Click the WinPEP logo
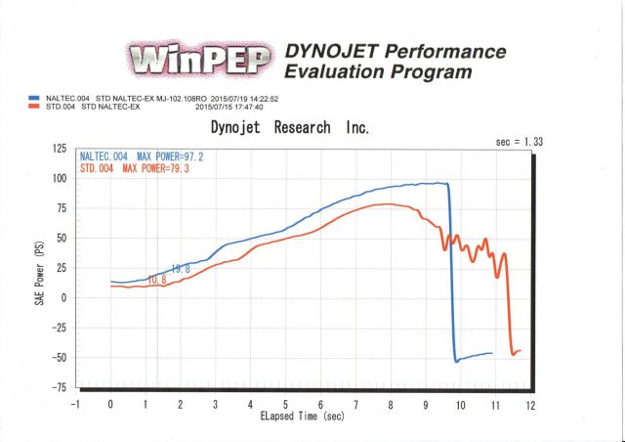point(199,61)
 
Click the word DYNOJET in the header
point(331,51)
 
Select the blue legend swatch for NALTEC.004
point(34,99)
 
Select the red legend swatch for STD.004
point(34,107)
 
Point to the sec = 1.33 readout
point(519,142)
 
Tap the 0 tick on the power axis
point(64,297)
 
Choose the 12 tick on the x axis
point(530,403)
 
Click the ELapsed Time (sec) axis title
point(304,417)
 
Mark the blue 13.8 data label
point(181,269)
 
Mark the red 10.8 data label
point(156,281)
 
